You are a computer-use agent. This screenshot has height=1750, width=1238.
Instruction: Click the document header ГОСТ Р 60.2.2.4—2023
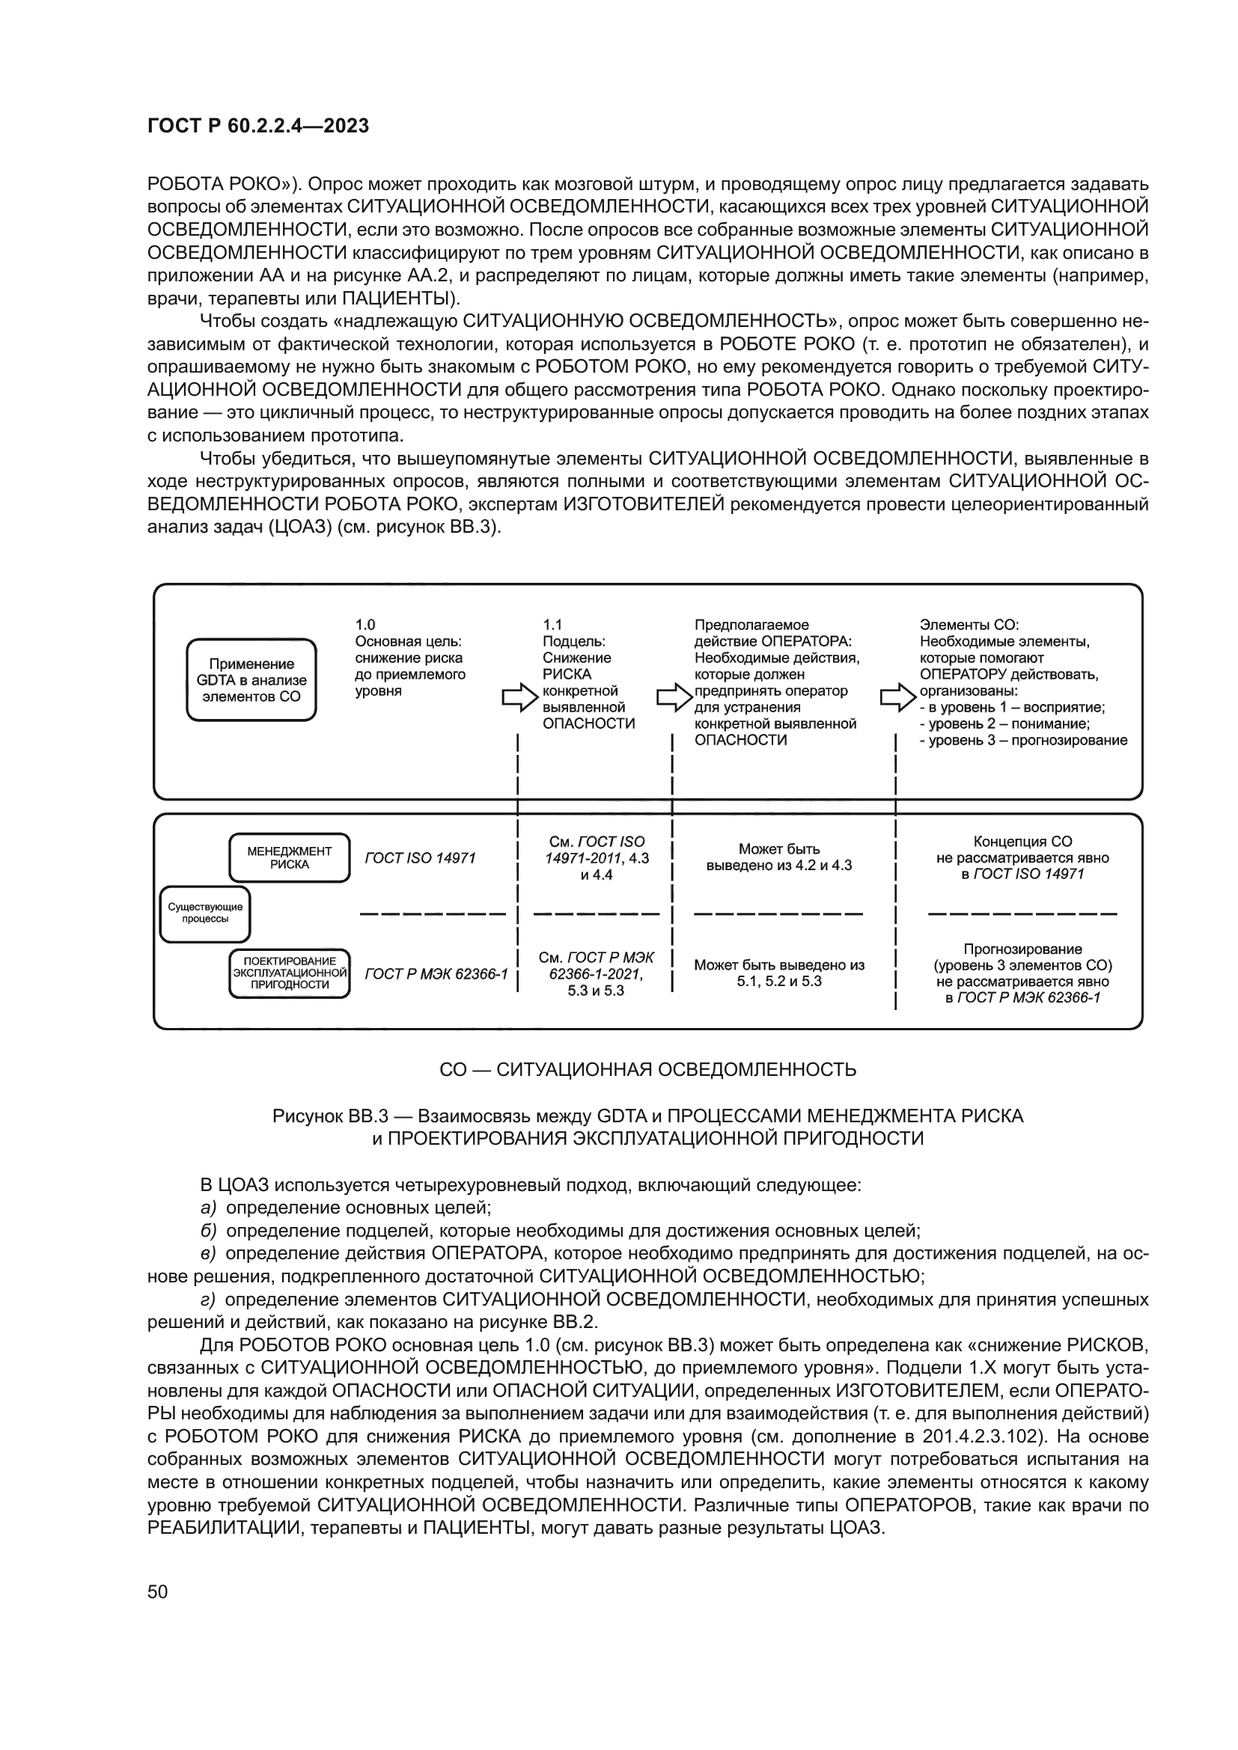[257, 126]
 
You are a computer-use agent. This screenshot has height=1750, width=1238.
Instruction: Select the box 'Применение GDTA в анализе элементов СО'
[251, 680]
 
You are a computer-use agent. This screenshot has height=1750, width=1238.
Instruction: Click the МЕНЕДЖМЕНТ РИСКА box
[290, 857]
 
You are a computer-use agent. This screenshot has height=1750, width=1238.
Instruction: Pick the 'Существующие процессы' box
[205, 913]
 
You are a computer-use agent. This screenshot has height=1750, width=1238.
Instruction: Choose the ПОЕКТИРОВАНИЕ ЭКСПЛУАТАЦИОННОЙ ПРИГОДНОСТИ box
[290, 973]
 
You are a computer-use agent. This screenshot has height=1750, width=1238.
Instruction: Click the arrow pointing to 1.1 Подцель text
[520, 697]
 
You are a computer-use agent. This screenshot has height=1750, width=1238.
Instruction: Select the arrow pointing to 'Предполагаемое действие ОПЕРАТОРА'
[674, 697]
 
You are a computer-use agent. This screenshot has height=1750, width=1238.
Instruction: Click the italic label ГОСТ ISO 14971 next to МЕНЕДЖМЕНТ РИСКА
[420, 858]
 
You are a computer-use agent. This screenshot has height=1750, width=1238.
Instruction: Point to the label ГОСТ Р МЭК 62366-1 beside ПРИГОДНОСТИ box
[436, 974]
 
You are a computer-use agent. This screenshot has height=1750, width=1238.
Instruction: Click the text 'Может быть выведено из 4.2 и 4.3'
[779, 857]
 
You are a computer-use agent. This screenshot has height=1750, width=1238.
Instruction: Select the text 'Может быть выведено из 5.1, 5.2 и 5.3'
[779, 973]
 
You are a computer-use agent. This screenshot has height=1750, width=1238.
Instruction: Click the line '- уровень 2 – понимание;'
[1004, 723]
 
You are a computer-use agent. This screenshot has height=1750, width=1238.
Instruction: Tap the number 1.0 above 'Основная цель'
[365, 624]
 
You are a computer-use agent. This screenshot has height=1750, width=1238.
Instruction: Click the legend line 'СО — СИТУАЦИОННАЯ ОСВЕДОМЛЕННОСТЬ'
[647, 1070]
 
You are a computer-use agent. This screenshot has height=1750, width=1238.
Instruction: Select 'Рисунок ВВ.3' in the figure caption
[330, 1116]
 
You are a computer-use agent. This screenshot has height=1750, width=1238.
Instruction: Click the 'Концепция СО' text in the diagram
[1022, 842]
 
